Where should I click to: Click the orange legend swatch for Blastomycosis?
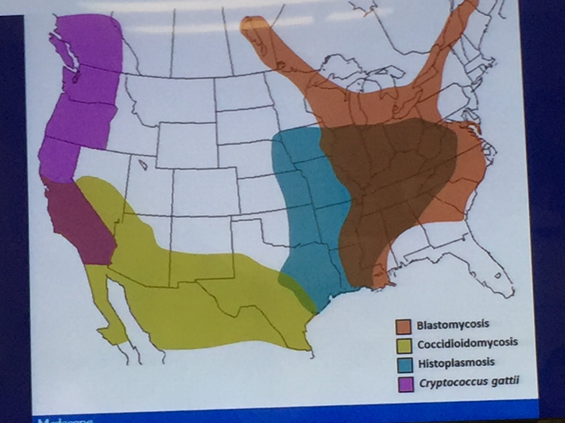pyautogui.click(x=403, y=326)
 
